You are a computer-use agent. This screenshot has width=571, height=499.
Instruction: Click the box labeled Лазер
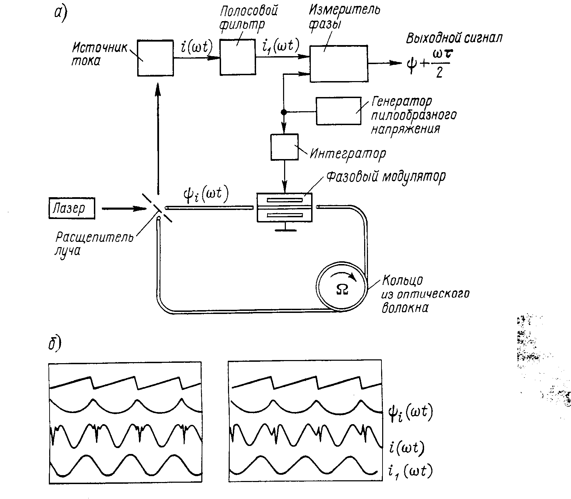tap(72, 208)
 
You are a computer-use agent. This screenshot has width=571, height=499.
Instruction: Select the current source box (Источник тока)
tap(155, 58)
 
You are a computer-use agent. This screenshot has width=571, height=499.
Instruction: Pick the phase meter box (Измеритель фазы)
tap(339, 63)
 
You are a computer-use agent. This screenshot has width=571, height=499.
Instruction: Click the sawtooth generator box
tap(338, 111)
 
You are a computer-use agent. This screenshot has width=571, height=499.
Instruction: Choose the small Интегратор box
tap(284, 147)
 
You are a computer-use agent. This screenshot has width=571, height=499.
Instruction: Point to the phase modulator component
tap(284, 207)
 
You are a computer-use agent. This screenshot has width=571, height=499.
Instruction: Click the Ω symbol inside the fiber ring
tap(342, 289)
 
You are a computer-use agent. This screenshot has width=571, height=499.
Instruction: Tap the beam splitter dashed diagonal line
tap(158, 208)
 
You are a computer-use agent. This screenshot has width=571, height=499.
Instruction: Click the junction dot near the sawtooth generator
tap(284, 112)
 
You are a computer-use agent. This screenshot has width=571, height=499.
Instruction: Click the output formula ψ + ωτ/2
tap(428, 64)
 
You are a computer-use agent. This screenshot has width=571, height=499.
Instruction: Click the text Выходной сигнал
tap(454, 38)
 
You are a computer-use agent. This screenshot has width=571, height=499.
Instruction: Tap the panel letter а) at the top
tap(61, 15)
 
